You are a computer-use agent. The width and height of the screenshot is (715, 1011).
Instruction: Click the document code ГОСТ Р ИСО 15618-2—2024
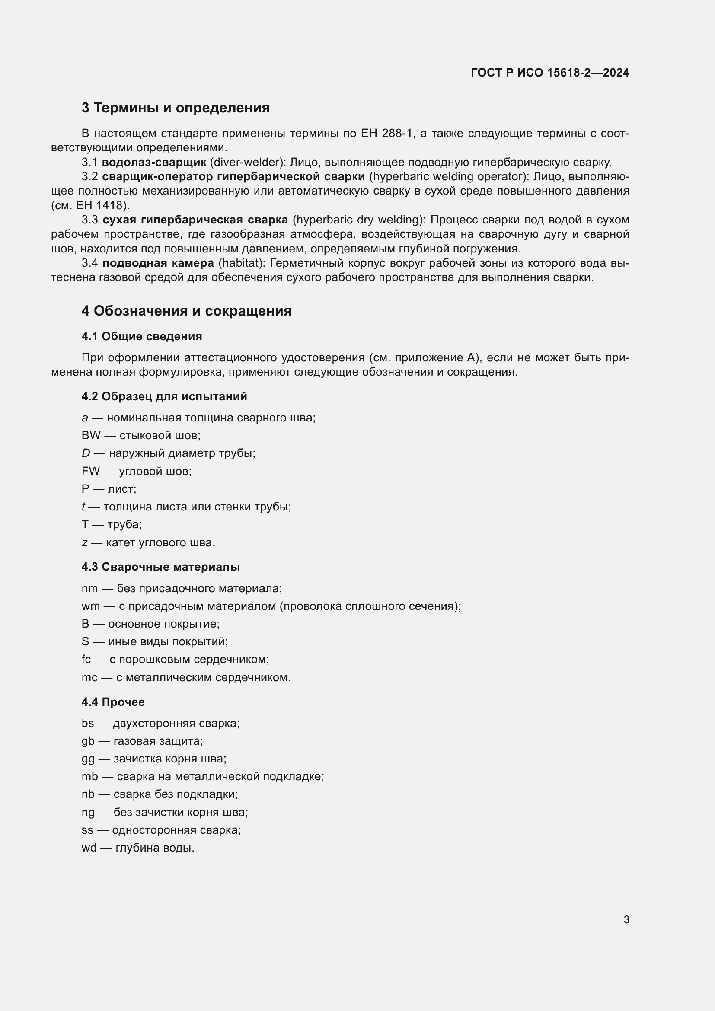pyautogui.click(x=549, y=73)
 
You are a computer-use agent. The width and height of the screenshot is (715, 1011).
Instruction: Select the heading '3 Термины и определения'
pyautogui.click(x=175, y=108)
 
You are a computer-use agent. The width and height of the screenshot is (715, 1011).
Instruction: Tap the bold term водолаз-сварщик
pyautogui.click(x=154, y=163)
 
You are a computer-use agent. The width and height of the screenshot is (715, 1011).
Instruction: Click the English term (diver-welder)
pyautogui.click(x=248, y=163)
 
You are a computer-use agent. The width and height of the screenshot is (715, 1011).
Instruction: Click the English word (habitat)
pyautogui.click(x=242, y=263)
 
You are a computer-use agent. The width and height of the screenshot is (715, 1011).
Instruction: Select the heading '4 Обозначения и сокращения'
pyautogui.click(x=186, y=311)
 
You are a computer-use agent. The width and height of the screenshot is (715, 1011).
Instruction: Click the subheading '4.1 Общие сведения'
pyautogui.click(x=141, y=336)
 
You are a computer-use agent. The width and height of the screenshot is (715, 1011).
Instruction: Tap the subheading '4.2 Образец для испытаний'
pyautogui.click(x=164, y=396)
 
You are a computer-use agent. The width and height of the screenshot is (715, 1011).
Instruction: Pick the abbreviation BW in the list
pyautogui.click(x=91, y=436)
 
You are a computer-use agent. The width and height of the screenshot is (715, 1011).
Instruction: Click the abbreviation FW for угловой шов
pyautogui.click(x=90, y=471)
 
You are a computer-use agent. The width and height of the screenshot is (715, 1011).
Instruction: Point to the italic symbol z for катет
pyautogui.click(x=85, y=542)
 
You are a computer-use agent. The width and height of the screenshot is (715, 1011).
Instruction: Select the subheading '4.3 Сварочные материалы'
pyautogui.click(x=160, y=567)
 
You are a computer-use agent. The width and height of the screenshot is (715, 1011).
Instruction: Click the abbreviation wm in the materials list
pyautogui.click(x=90, y=606)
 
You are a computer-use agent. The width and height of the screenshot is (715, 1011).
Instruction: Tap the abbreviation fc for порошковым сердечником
pyautogui.click(x=86, y=659)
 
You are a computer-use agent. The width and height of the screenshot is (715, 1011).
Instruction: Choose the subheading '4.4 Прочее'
pyautogui.click(x=113, y=702)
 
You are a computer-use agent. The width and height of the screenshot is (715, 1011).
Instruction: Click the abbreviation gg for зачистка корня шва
pyautogui.click(x=88, y=759)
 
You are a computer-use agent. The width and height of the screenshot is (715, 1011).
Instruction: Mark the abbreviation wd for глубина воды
pyautogui.click(x=89, y=848)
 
